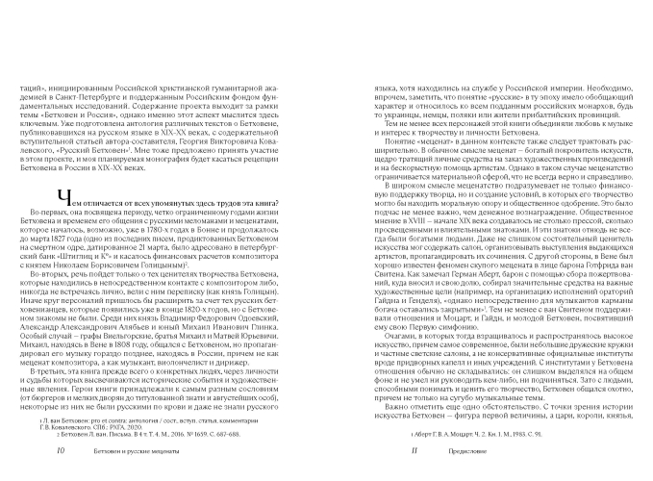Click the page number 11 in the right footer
[358, 450]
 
